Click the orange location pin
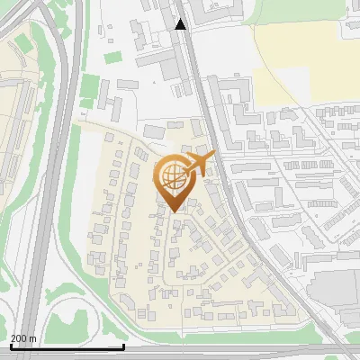(175, 179)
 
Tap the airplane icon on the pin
(201, 163)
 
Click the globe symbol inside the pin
(172, 175)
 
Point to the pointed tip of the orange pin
(175, 211)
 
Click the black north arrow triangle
(181, 24)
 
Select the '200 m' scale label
(23, 338)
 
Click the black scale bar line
(67, 346)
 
